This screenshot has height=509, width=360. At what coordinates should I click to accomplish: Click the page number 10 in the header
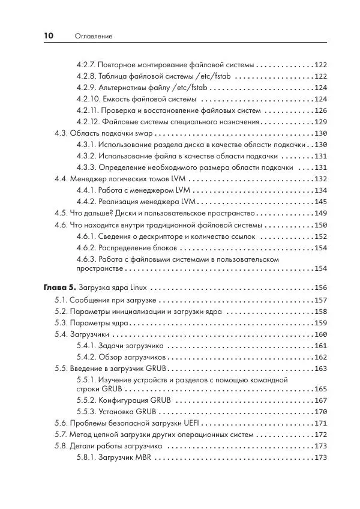[x=49, y=36]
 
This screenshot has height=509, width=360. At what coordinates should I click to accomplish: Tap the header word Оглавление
[x=94, y=37]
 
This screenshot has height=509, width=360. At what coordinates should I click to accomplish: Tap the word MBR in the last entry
[x=143, y=457]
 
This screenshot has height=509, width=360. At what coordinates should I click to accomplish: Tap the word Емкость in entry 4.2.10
[x=117, y=99]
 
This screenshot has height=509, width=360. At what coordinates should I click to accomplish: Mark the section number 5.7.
[x=61, y=434]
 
